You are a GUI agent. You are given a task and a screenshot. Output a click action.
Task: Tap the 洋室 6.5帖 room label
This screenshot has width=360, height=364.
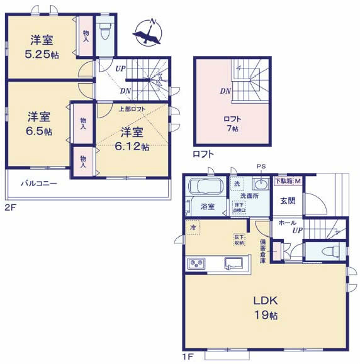[x=39, y=124]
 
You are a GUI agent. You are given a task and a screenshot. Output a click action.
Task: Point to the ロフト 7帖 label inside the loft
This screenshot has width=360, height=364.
[x=232, y=123]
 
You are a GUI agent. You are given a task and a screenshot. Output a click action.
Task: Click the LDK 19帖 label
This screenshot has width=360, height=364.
[x=266, y=307]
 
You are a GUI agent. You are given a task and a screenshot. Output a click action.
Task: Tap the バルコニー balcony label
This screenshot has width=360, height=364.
[x=39, y=184]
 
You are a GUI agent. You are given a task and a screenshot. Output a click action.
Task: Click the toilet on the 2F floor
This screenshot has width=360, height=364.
[x=106, y=29]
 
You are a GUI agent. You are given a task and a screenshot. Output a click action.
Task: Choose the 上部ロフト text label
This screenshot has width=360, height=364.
[x=132, y=108]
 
